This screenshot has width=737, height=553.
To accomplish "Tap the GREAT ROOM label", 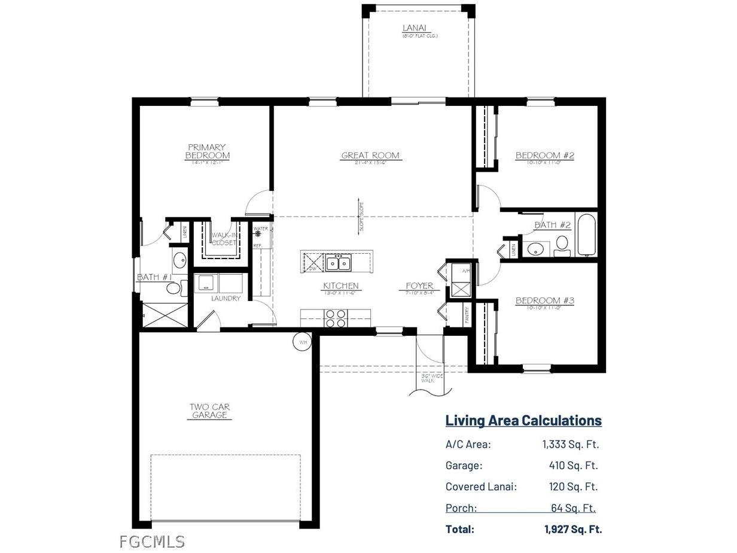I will (x=370, y=156).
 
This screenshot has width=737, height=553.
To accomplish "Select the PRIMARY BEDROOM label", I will (x=207, y=151).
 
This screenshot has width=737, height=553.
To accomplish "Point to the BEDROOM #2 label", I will (x=545, y=156).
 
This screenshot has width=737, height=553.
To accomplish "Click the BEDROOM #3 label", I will (x=545, y=300).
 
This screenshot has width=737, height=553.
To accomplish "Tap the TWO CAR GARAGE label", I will (x=209, y=411).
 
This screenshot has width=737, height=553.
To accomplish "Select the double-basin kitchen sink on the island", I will (x=338, y=262).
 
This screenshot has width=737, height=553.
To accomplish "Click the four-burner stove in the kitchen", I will (x=336, y=318).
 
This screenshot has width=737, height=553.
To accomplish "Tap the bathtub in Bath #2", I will (x=586, y=234).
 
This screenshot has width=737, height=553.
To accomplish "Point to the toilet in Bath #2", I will (x=562, y=244).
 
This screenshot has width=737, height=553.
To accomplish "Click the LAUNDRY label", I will (x=226, y=298).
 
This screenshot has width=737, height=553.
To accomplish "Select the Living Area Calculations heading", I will (x=523, y=420).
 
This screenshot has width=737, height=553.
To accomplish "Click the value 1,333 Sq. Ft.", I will (x=570, y=444).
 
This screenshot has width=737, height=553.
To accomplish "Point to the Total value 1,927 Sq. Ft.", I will (x=573, y=529).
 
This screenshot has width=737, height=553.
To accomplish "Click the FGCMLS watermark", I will (x=152, y=542).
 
